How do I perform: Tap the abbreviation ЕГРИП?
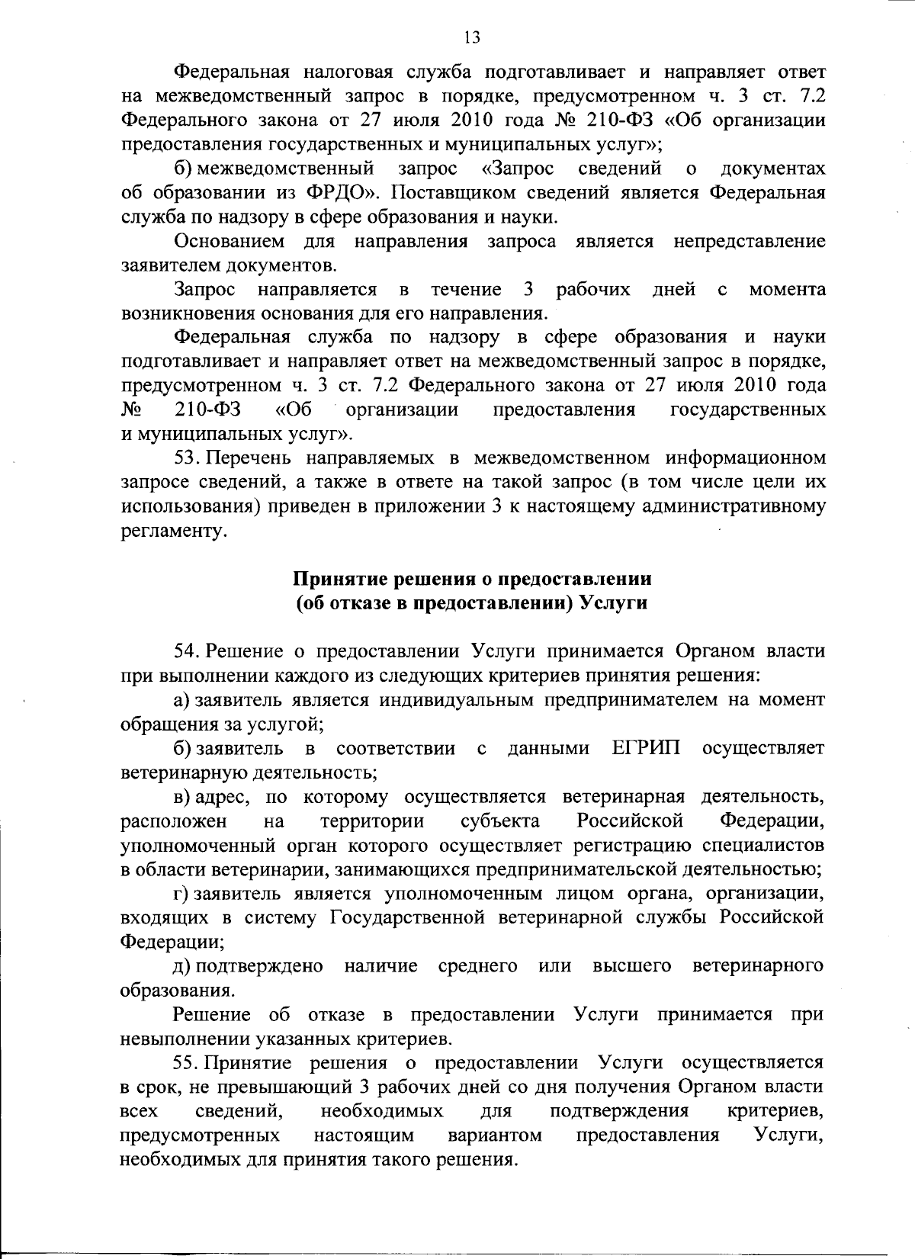[x=647, y=748]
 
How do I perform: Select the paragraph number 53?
[x=187, y=458]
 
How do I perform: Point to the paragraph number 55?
[x=187, y=1062]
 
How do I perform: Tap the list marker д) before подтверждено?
[x=183, y=966]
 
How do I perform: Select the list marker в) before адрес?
[x=183, y=798]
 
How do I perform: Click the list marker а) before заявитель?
[x=183, y=699]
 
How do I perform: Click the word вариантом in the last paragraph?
[x=495, y=1135]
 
